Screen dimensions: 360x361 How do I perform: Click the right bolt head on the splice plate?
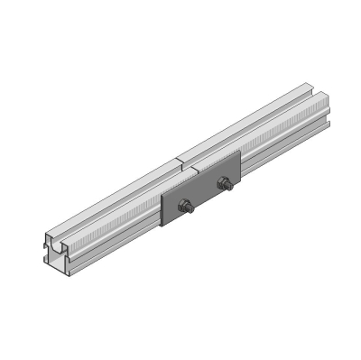click(x=224, y=186)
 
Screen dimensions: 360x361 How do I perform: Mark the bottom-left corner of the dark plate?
click(x=165, y=226)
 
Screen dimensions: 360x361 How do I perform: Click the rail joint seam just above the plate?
click(x=181, y=165)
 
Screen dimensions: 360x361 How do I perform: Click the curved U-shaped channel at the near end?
click(x=57, y=244)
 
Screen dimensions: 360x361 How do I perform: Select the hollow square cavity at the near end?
click(x=60, y=264)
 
